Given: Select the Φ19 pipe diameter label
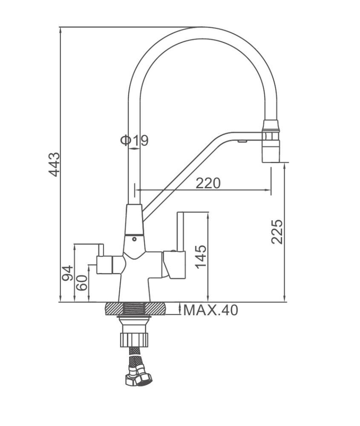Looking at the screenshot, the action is coord(135,141).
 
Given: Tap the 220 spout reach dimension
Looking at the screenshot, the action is coord(208,183).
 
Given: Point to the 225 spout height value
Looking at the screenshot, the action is coord(277,231).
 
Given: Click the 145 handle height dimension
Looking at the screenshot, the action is coord(201,257).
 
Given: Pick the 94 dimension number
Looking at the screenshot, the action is coord(67,273).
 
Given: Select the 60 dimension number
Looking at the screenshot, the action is coord(82,283).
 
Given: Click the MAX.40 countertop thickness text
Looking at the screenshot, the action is coord(210,310).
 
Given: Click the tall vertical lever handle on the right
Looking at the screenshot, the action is coord(181,231).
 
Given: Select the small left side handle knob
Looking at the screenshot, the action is coord(104,265).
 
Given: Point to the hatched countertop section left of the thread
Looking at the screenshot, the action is coord(114,309).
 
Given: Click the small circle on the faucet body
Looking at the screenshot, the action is coord(134,239).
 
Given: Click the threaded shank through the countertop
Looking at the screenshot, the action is coord(134,309).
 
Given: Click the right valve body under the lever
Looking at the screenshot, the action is coord(174,265).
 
